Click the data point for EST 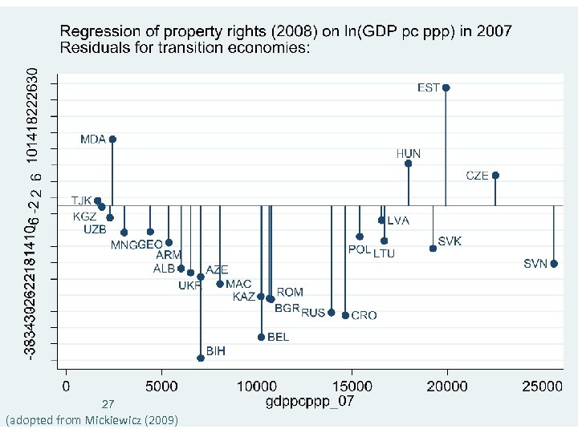point(446,87)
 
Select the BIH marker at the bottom point(201,358)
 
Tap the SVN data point point(554,264)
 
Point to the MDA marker point(112,139)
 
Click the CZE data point point(495,175)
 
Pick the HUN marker point(408,164)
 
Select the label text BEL point(278,338)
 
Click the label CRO point(364,316)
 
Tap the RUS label point(313,313)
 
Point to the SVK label point(450,241)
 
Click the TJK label point(81,200)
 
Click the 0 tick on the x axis point(67,386)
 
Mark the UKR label point(190,285)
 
